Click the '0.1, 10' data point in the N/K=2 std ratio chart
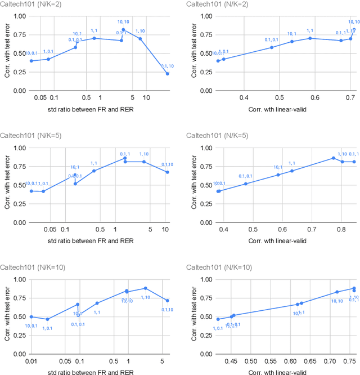pos(168,73)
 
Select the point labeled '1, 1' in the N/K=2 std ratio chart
pos(94,38)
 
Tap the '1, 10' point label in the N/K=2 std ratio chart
pos(140,31)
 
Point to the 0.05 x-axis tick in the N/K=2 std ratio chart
pos(40,98)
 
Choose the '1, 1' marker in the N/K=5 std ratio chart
pos(94,171)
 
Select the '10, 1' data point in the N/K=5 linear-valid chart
pos(278,175)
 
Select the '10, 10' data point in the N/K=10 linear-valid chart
pos(337,292)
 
